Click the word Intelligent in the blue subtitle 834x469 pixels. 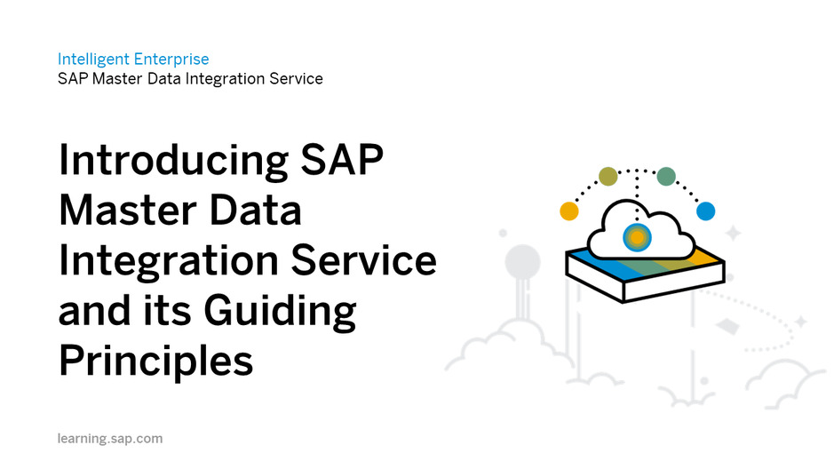[x=93, y=60]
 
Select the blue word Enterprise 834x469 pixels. [x=171, y=60]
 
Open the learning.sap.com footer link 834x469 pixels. [x=110, y=439]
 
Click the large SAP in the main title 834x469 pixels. [x=342, y=160]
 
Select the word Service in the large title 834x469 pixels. [x=364, y=260]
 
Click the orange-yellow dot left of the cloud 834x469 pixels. [x=569, y=211]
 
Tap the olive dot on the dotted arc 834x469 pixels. [x=608, y=176]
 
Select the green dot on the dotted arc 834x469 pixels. [x=666, y=176]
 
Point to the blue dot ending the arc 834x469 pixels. [x=706, y=211]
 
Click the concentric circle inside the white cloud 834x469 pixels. [x=637, y=237]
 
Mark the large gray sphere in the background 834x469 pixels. [x=523, y=262]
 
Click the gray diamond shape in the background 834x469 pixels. [x=727, y=326]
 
